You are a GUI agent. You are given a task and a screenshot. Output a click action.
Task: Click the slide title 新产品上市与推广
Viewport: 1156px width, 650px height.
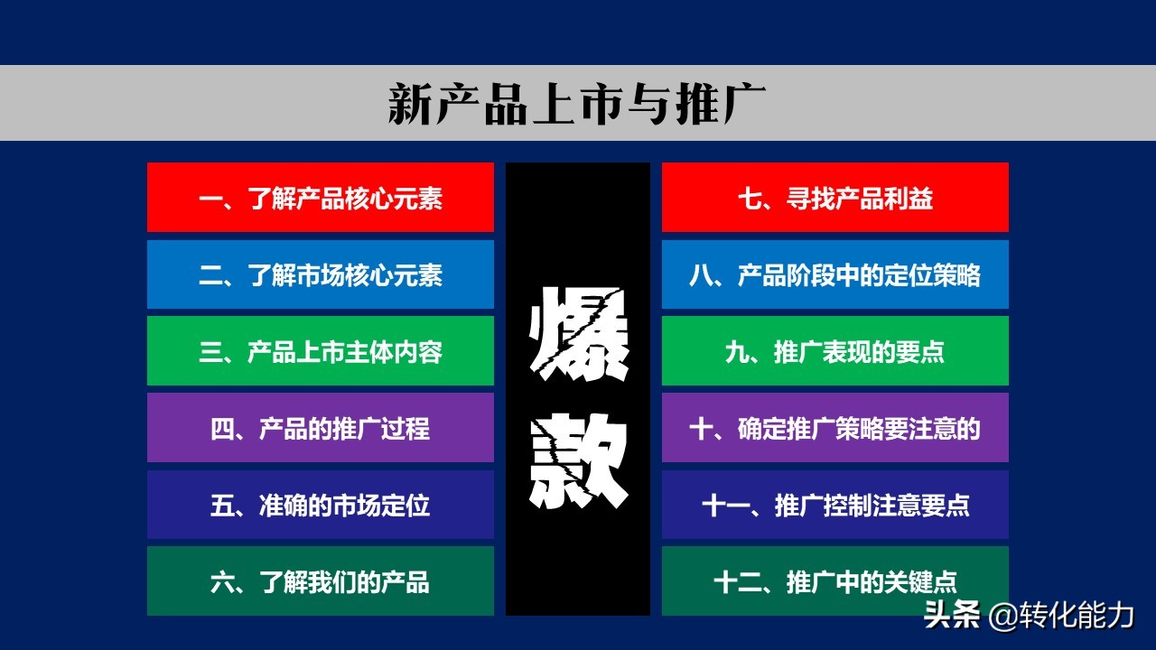pyautogui.click(x=577, y=104)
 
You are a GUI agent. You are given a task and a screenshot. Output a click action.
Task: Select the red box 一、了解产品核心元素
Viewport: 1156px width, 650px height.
pyautogui.click(x=321, y=198)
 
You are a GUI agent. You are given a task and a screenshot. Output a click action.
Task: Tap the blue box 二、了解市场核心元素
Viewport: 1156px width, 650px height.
pyautogui.click(x=321, y=274)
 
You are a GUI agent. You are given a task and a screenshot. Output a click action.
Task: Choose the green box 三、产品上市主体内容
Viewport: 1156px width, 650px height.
pyautogui.click(x=321, y=351)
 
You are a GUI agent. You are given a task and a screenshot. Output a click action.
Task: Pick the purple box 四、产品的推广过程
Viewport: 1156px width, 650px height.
pyautogui.click(x=321, y=428)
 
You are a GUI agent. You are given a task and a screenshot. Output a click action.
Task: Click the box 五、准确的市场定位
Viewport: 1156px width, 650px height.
pyautogui.click(x=321, y=505)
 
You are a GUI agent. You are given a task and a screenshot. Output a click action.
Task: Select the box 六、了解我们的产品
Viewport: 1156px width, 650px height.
pyautogui.click(x=321, y=581)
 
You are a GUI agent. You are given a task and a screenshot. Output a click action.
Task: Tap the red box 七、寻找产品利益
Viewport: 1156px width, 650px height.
pyautogui.click(x=835, y=198)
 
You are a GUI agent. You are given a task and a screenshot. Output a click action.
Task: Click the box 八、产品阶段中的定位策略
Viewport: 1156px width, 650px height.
pyautogui.click(x=835, y=274)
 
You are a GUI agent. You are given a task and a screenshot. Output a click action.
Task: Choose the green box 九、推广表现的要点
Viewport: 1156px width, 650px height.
pyautogui.click(x=835, y=351)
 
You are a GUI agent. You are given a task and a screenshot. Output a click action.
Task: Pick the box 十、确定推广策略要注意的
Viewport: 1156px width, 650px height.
pyautogui.click(x=835, y=428)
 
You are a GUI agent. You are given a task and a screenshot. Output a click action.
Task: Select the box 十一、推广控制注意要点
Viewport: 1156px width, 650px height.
pyautogui.click(x=835, y=505)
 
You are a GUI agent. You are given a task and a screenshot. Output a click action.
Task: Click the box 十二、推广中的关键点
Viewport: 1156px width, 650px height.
pyautogui.click(x=835, y=581)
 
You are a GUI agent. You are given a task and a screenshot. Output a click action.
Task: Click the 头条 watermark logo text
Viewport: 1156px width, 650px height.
pyautogui.click(x=951, y=616)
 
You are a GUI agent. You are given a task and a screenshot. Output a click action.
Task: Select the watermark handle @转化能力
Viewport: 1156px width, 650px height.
pyautogui.click(x=1061, y=616)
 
